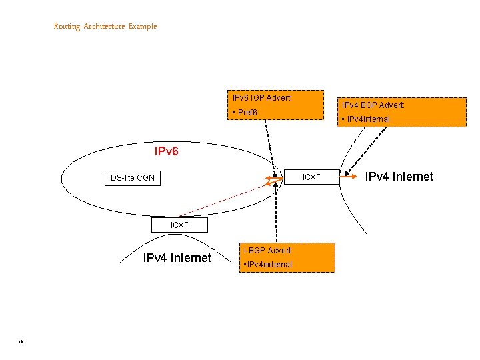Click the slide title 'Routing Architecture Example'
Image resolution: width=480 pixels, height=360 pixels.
coord(105,26)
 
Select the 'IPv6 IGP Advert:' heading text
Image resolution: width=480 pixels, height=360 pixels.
coord(262,98)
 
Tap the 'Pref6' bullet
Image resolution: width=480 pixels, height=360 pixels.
coord(245,113)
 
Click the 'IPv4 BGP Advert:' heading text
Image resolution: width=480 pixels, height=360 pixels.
coord(373,105)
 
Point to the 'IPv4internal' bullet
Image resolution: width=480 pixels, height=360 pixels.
coord(367,119)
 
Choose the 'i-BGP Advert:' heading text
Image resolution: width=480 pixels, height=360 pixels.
coord(268,250)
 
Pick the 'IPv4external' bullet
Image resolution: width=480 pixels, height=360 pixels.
coord(268,265)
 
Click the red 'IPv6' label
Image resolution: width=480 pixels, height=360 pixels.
coord(166,151)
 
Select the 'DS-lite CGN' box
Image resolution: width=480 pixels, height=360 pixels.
coord(132,178)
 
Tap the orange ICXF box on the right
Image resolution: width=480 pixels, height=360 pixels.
coord(311,177)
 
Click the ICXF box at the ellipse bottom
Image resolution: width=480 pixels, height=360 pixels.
coord(179,225)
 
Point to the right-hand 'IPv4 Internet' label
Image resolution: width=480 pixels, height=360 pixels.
coord(399,177)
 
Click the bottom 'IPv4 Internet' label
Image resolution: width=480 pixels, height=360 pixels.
coord(177,258)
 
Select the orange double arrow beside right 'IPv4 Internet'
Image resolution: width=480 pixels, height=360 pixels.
coord(351,177)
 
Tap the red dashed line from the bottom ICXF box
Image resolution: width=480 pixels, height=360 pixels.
coord(220,200)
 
